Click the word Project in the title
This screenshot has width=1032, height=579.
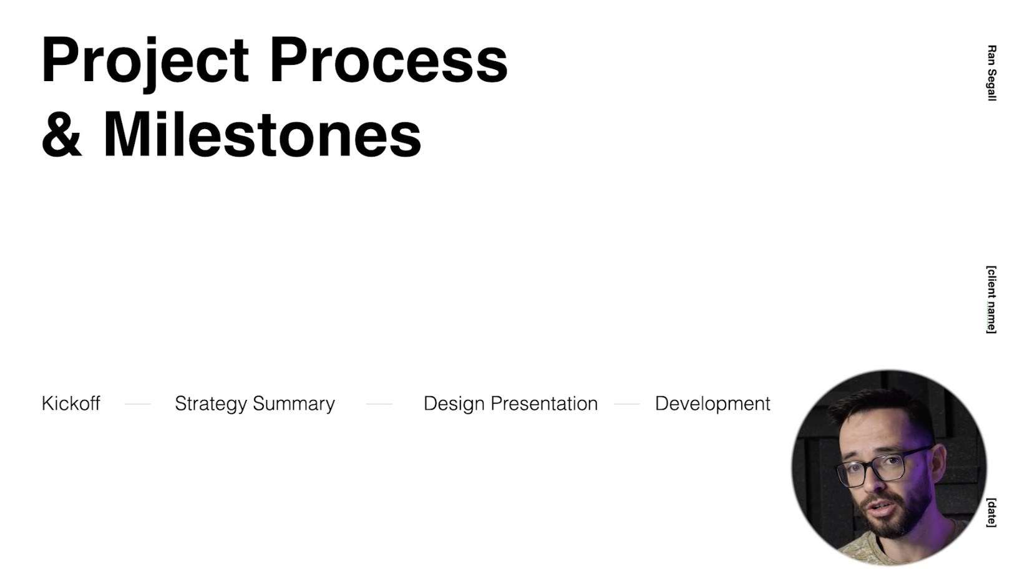[x=145, y=62]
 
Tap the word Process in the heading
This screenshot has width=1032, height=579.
[x=389, y=60]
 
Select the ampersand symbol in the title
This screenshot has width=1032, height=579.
[x=62, y=135]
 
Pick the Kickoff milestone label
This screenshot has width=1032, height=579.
[x=71, y=404]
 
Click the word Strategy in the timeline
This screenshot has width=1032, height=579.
[x=211, y=404]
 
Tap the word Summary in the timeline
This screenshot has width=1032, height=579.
[x=294, y=404]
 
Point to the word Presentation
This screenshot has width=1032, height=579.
[x=544, y=404]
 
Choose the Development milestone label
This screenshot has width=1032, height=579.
[x=713, y=404]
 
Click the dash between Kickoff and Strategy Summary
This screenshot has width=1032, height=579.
[x=137, y=404]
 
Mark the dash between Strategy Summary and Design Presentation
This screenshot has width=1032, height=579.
[x=379, y=404]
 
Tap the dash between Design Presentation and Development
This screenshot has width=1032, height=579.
[x=626, y=404]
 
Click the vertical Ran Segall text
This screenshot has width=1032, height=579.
[x=992, y=73]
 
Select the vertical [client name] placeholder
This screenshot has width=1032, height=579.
[x=991, y=299]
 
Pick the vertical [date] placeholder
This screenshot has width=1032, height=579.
[x=991, y=513]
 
